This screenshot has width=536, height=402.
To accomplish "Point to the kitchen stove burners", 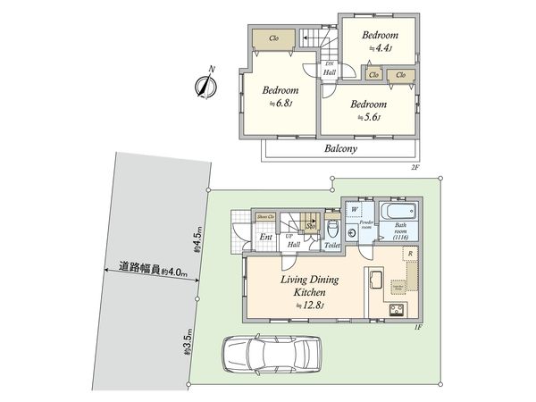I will tap(394, 310).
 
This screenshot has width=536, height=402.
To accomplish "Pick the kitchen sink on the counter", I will tap(373, 283).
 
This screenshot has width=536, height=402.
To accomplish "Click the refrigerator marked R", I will tap(409, 255).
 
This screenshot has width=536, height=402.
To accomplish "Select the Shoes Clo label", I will tap(265, 217).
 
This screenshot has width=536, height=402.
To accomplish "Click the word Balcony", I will tap(339, 149).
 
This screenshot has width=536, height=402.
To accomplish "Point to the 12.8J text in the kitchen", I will tap(306, 306).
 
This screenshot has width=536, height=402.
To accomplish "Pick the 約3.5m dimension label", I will tap(188, 343).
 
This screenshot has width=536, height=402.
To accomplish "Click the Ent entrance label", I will tap(265, 237).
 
